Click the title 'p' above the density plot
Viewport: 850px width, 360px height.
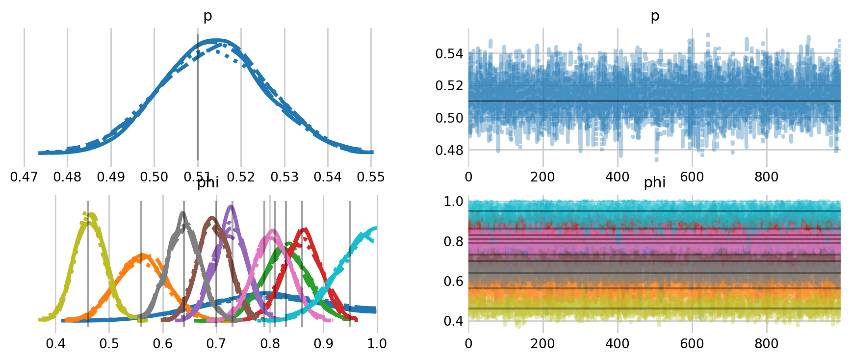tap(208, 16)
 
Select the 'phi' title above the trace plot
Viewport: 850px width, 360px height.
tap(655, 182)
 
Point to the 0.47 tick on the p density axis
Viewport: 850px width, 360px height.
tap(24, 177)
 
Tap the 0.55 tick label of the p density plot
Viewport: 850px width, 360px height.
tap(371, 177)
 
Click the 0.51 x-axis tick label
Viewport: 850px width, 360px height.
tap(197, 177)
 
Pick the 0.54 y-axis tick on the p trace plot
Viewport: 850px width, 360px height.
tap(449, 53)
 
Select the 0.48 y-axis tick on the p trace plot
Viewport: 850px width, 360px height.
tap(449, 150)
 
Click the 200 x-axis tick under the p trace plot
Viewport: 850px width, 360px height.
tap(543, 177)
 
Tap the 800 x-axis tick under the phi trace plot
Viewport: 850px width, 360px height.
tap(766, 343)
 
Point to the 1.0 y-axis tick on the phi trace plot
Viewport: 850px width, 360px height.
tap(454, 201)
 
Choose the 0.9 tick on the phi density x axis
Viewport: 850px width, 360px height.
tap(323, 343)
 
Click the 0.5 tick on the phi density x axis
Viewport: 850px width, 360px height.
tap(109, 343)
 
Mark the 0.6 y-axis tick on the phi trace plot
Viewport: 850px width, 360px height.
tap(454, 281)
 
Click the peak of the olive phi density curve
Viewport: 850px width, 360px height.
tap(89, 214)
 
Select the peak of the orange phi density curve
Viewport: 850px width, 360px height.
tap(142, 255)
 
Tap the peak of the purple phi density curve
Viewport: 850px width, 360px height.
tap(231, 206)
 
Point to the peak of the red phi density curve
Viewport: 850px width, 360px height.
tap(305, 229)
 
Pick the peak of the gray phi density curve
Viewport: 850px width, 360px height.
tap(183, 213)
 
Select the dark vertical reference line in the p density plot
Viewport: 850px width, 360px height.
tap(197, 98)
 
